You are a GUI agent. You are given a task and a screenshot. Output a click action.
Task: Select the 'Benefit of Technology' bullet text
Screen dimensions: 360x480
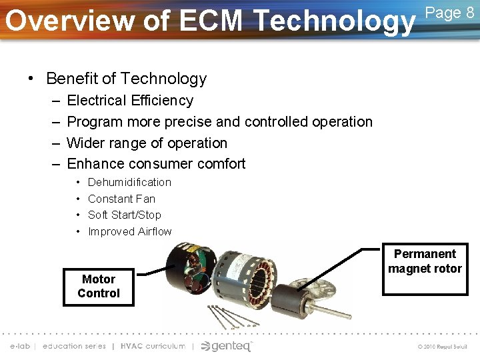tap(126, 79)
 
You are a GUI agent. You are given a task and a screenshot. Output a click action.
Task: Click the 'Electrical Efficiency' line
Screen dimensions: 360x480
tap(130, 101)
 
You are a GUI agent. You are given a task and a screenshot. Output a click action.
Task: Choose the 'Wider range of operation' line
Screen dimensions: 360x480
tap(147, 143)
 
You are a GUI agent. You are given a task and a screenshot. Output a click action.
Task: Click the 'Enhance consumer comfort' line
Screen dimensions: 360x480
tap(156, 164)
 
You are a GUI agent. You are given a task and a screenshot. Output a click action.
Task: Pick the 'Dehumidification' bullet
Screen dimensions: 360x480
tap(129, 182)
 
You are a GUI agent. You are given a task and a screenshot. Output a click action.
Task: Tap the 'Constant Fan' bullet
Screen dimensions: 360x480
tap(121, 199)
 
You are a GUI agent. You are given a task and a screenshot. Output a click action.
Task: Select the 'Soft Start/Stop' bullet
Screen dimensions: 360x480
tap(124, 215)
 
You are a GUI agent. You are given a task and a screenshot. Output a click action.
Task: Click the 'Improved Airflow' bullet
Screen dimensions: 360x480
tap(129, 231)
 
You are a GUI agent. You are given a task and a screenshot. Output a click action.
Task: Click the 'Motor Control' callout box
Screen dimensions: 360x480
tap(99, 287)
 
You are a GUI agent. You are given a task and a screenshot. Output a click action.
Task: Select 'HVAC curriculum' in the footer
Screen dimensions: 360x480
tap(152, 346)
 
